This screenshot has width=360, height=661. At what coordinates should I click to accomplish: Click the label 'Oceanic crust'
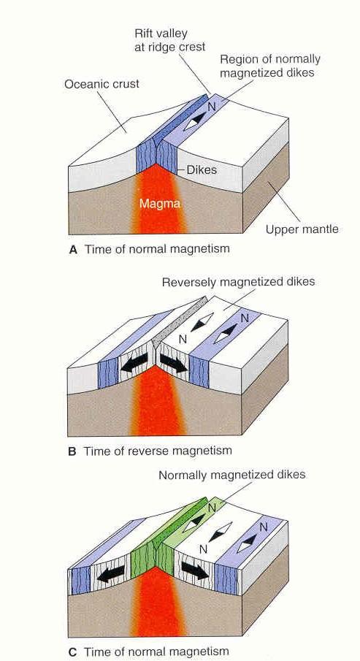tap(102, 84)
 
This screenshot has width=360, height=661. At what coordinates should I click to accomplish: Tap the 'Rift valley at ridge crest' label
tap(170, 39)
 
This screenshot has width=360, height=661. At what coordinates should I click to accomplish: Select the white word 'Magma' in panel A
tap(160, 204)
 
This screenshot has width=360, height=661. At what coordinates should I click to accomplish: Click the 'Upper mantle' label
tap(302, 229)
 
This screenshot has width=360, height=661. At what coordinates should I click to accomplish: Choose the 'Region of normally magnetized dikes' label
tap(270, 66)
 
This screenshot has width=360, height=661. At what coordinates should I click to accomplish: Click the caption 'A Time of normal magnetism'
tap(149, 249)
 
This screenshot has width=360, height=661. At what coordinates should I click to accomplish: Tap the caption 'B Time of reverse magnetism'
tap(150, 451)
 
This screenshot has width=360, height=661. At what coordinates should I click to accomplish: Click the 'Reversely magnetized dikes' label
tap(238, 282)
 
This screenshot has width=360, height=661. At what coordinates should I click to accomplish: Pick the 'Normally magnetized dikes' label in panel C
tap(232, 475)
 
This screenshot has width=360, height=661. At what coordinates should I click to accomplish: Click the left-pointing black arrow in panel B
tap(134, 362)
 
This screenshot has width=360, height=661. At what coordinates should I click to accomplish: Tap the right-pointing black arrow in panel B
tap(173, 363)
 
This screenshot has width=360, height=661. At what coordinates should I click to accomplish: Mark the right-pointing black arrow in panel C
tap(195, 570)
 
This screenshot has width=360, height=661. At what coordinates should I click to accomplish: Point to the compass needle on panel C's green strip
tap(194, 521)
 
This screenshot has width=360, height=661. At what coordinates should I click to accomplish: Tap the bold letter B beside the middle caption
tap(72, 451)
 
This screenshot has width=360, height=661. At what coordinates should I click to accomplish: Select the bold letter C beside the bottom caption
tap(72, 652)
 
